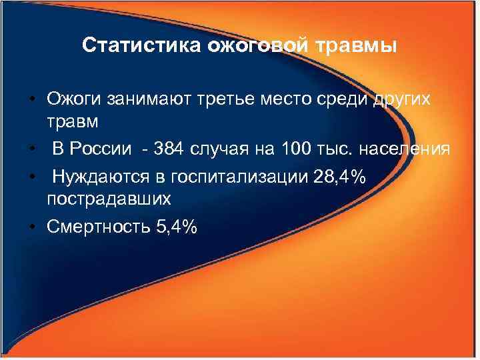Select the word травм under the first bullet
coord(72,123)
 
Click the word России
coord(101,148)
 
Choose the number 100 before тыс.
coord(296,148)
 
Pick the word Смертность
coord(97,227)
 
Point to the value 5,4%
coord(175,227)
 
